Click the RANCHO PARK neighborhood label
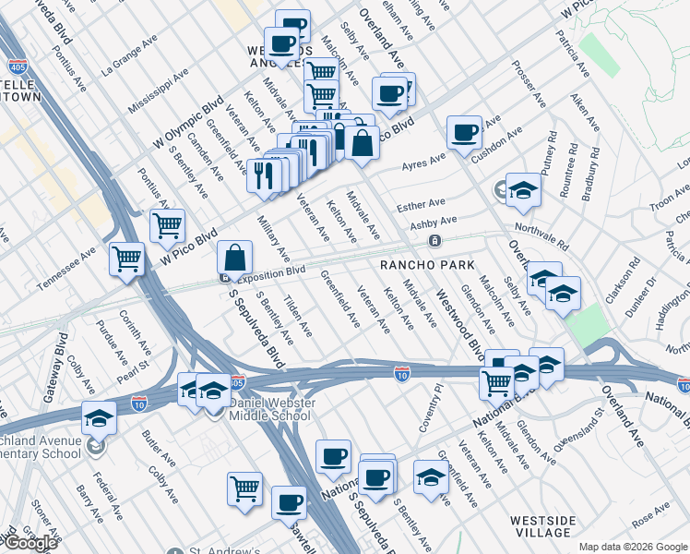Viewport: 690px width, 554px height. (x=427, y=265)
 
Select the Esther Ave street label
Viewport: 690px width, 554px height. (x=421, y=203)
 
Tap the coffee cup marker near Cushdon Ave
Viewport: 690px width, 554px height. (x=464, y=131)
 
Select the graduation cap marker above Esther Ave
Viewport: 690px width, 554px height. (x=523, y=188)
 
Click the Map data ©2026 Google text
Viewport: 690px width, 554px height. (x=633, y=547)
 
